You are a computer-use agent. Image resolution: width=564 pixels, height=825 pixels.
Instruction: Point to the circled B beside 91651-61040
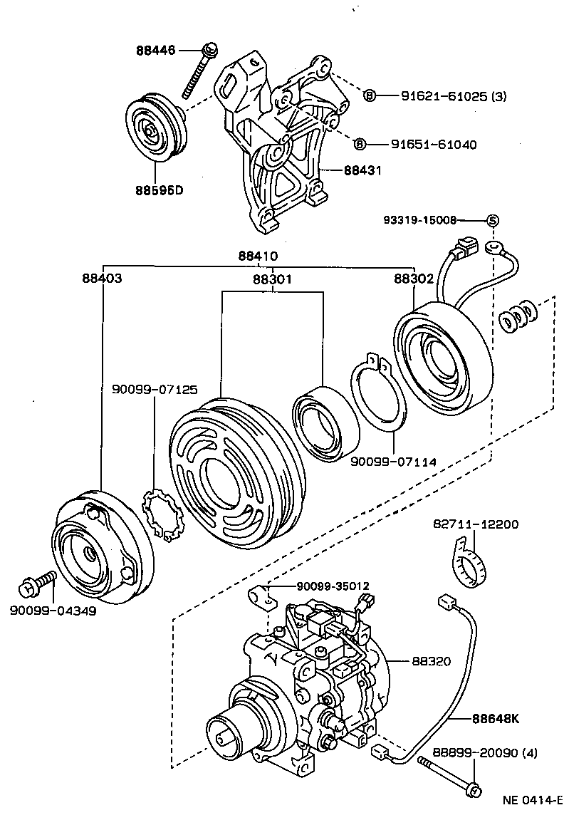360,145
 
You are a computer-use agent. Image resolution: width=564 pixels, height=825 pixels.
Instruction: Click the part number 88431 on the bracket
362,171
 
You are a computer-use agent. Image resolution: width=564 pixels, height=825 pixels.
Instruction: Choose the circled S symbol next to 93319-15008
491,221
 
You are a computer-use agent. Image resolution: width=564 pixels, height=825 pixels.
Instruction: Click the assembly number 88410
258,256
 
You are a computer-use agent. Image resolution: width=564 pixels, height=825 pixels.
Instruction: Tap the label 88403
100,279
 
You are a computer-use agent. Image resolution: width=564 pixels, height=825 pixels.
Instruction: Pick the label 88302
414,279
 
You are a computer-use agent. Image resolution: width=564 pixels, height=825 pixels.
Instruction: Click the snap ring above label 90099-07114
379,402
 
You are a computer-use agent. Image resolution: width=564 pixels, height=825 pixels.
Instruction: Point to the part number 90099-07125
155,390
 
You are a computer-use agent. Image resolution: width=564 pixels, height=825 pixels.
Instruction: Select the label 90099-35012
333,586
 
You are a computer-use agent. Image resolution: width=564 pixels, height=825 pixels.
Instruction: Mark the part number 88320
431,661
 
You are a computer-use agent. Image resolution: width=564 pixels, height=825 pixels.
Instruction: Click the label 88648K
495,717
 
